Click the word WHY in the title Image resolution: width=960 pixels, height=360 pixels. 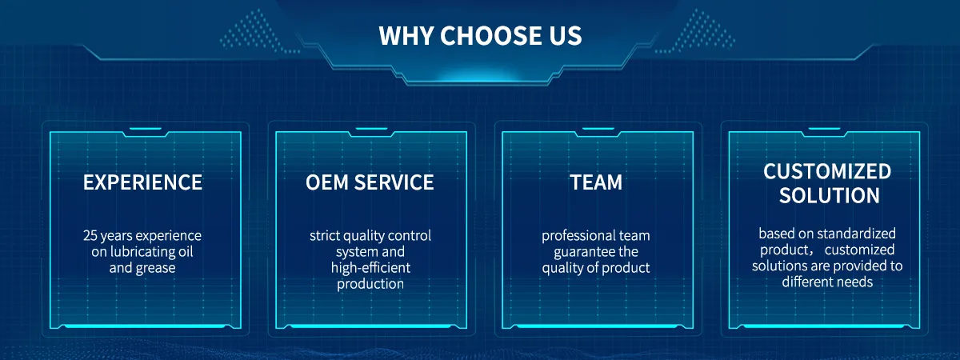coord(406,35)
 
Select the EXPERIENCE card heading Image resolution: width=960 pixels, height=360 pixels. coord(142,182)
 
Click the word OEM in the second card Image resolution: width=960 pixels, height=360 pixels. coord(327,182)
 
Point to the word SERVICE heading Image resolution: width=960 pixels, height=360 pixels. coord(394,182)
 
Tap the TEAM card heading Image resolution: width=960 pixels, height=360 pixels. coord(596,182)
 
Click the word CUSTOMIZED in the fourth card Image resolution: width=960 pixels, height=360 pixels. coord(827,171)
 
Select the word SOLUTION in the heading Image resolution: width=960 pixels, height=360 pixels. coord(830,195)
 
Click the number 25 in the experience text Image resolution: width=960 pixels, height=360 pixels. coord(90,235)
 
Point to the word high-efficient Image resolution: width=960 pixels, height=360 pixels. coord(370,267)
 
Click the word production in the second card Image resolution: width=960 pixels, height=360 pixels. coord(370,284)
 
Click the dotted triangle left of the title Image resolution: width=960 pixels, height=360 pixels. coord(258,31)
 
